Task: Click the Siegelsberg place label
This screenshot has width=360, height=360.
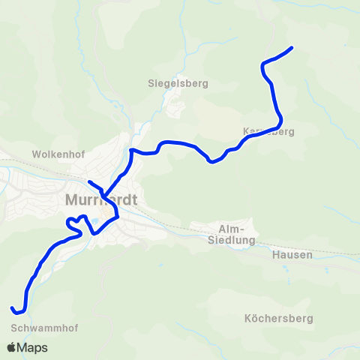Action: point(178,83)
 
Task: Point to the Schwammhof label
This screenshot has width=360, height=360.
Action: point(44,328)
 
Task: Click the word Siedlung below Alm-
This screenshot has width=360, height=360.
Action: point(231,241)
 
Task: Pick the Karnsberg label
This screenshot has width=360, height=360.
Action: point(268,132)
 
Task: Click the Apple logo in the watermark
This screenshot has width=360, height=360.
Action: point(11,348)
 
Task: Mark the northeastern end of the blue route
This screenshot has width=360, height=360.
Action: point(291,48)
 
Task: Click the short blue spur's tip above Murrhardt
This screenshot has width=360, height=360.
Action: point(89,182)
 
